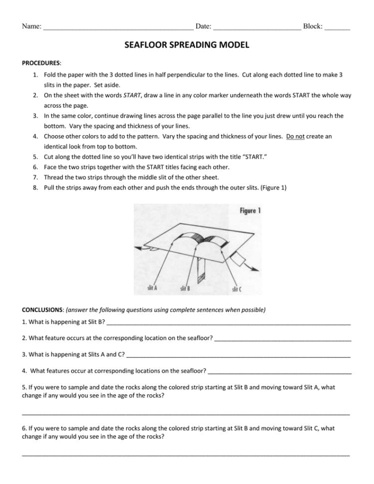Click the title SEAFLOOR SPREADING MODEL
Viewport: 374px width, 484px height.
pyautogui.click(x=186, y=45)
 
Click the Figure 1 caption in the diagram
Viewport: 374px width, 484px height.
pyautogui.click(x=250, y=211)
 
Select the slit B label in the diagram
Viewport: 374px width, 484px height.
pyautogui.click(x=185, y=288)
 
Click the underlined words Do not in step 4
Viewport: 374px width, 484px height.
pyautogui.click(x=296, y=136)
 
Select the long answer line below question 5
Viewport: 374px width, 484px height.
pyautogui.click(x=186, y=414)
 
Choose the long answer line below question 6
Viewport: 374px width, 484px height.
pyautogui.click(x=186, y=455)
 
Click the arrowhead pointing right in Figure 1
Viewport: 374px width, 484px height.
pyautogui.click(x=256, y=269)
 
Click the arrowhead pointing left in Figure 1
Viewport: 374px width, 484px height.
pyautogui.click(x=137, y=248)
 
